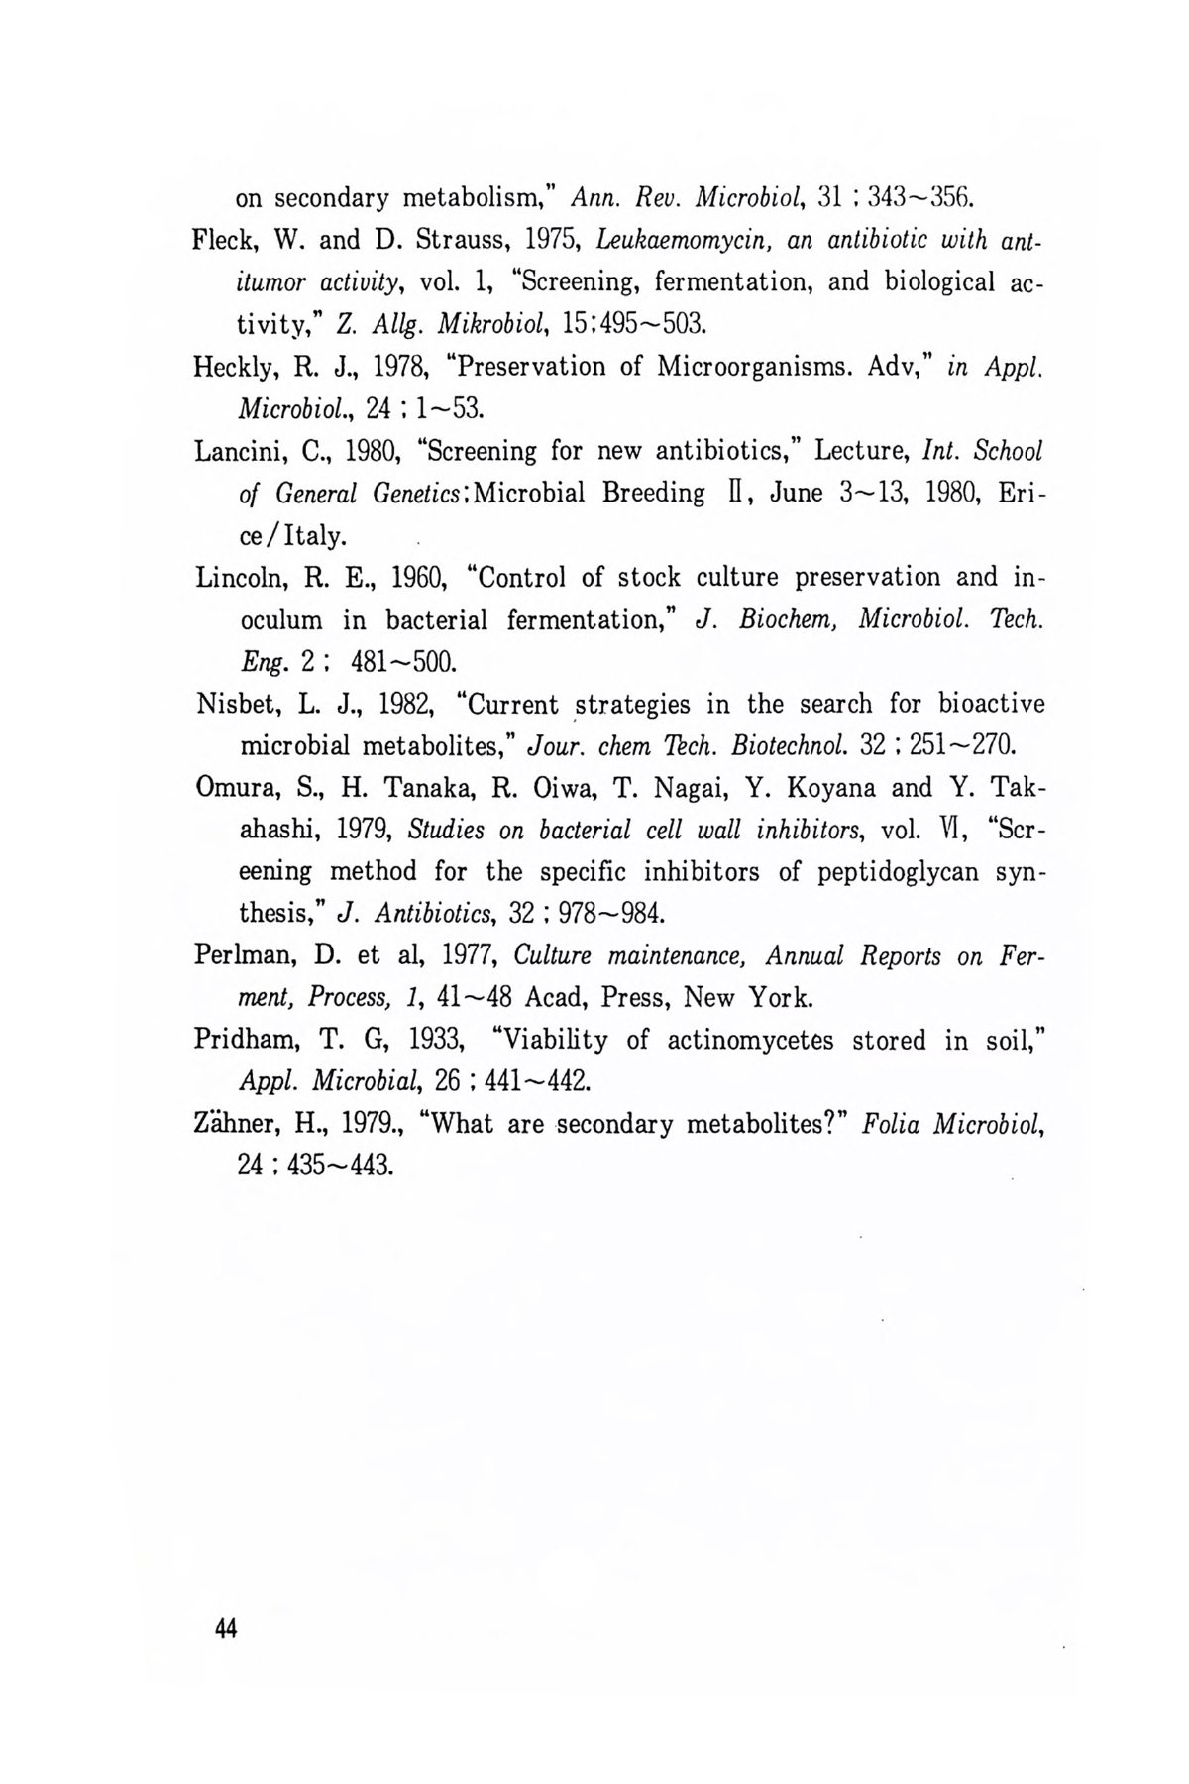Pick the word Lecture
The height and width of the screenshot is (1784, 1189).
click(x=856, y=452)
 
